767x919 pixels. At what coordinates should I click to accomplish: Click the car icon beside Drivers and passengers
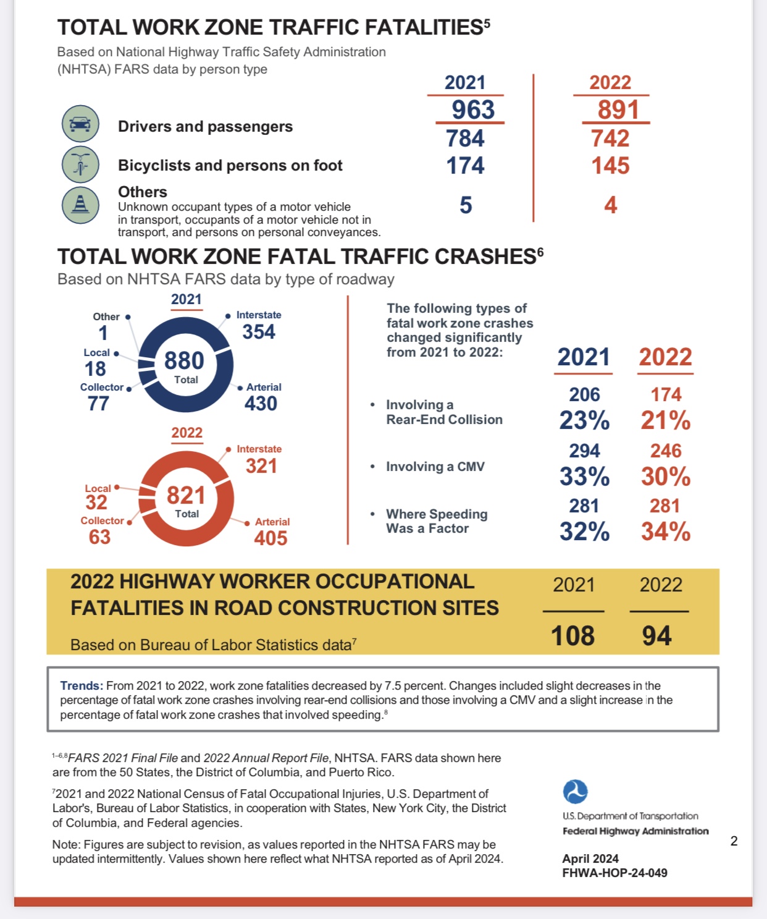click(x=80, y=124)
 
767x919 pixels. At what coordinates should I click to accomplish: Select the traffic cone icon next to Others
click(x=80, y=205)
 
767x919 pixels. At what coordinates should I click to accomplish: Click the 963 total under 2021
click(x=473, y=110)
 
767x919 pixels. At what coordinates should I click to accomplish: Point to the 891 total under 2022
click(x=618, y=110)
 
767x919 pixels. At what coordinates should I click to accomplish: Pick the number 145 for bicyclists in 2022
click(x=610, y=166)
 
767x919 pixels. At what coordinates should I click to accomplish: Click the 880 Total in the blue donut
click(x=184, y=361)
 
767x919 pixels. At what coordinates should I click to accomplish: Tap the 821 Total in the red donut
click(x=186, y=496)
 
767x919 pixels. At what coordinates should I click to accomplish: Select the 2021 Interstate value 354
click(x=259, y=332)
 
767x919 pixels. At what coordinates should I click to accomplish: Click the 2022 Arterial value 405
click(x=270, y=538)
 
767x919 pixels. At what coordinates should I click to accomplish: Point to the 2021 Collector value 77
click(x=98, y=404)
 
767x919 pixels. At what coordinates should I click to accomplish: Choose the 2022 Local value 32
click(x=96, y=502)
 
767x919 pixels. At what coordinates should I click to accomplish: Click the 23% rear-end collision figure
click(x=584, y=421)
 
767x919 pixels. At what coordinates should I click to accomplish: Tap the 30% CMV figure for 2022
click(x=665, y=476)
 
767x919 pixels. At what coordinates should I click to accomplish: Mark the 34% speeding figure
click(x=665, y=531)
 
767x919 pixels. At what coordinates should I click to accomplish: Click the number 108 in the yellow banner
click(x=572, y=636)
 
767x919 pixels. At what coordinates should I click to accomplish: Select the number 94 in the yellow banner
click(x=656, y=636)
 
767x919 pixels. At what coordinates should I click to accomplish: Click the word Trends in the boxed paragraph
click(x=81, y=685)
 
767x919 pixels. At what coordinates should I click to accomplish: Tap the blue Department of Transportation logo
click(x=575, y=792)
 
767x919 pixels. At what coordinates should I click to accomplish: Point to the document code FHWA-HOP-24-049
click(x=614, y=873)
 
